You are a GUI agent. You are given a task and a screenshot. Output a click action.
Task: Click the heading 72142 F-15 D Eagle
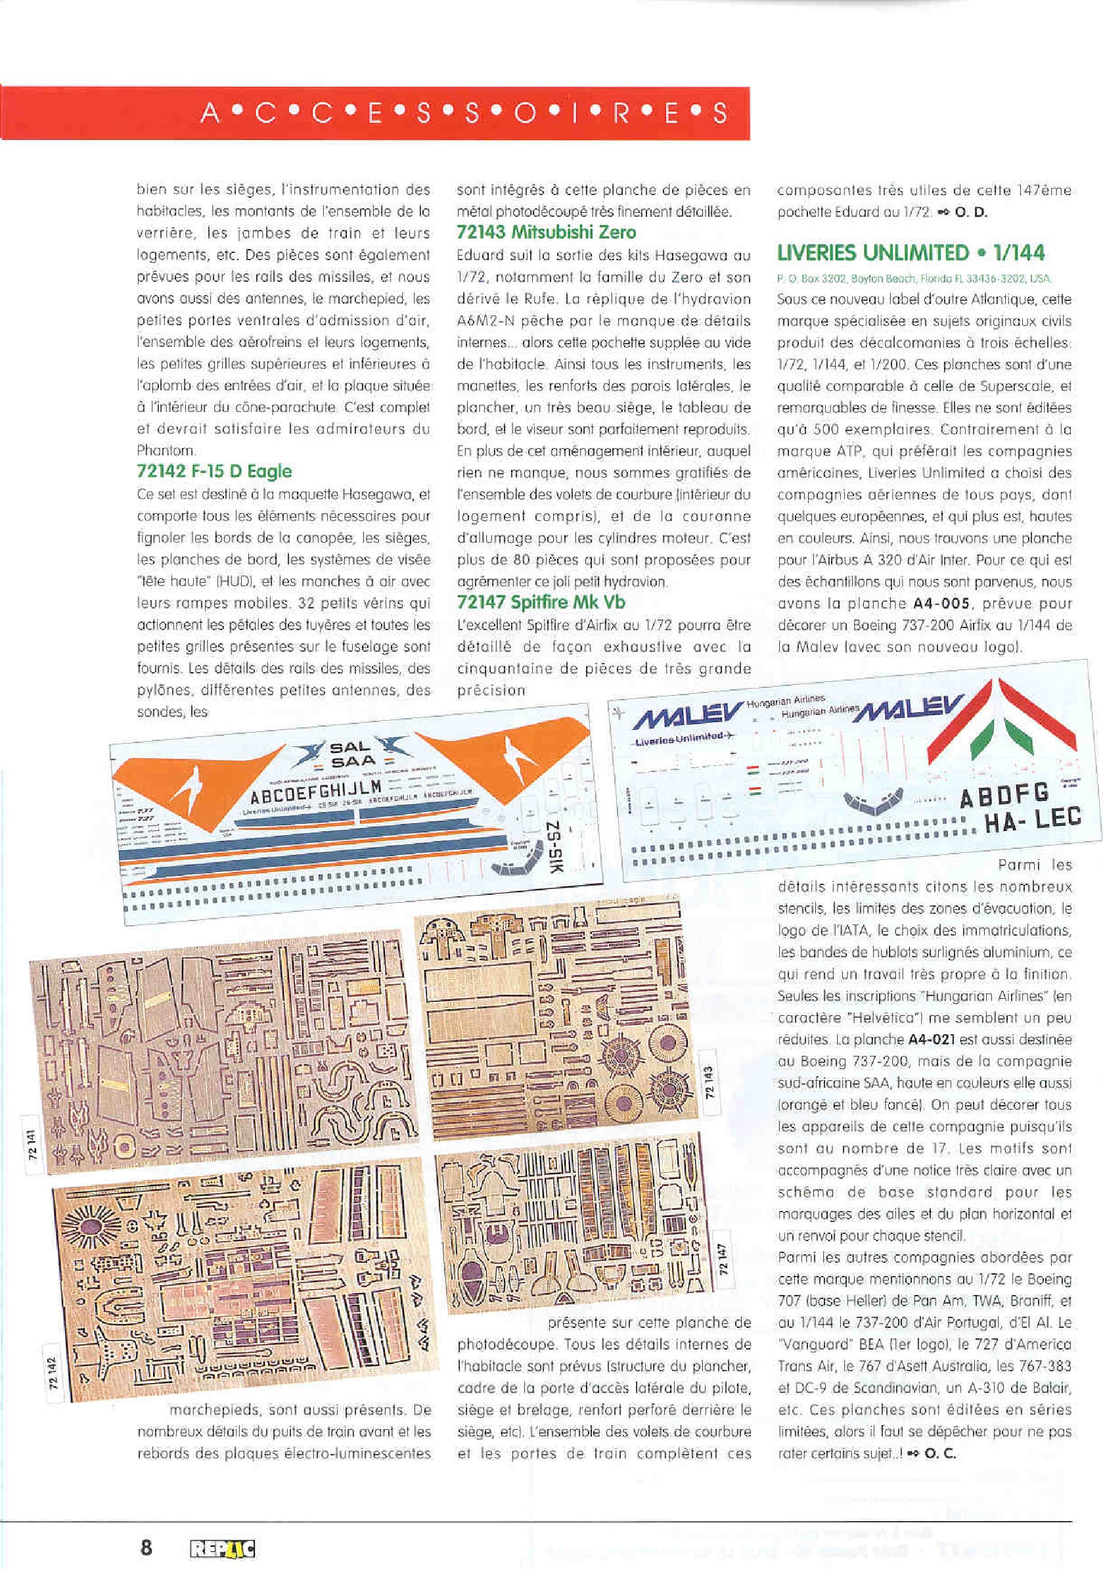click(214, 472)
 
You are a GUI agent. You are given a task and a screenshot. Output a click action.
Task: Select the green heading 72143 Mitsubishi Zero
click(546, 233)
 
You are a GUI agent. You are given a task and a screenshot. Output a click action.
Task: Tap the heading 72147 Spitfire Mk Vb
click(541, 603)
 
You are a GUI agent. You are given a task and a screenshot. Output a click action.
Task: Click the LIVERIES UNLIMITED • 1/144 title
click(911, 254)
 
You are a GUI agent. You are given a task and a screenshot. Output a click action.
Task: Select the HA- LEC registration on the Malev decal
click(1033, 819)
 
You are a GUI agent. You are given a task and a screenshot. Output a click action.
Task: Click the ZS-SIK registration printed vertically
click(555, 853)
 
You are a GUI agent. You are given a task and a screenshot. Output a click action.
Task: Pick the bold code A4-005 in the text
click(941, 604)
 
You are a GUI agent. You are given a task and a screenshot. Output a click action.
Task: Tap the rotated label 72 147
click(723, 1258)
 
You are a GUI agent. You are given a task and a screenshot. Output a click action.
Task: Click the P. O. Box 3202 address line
click(914, 279)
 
